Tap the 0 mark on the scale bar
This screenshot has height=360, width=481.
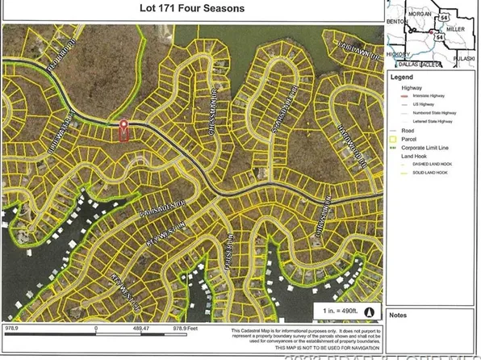pyautogui.click(x=96, y=329)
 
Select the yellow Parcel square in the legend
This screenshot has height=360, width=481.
pyautogui.click(x=394, y=139)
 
